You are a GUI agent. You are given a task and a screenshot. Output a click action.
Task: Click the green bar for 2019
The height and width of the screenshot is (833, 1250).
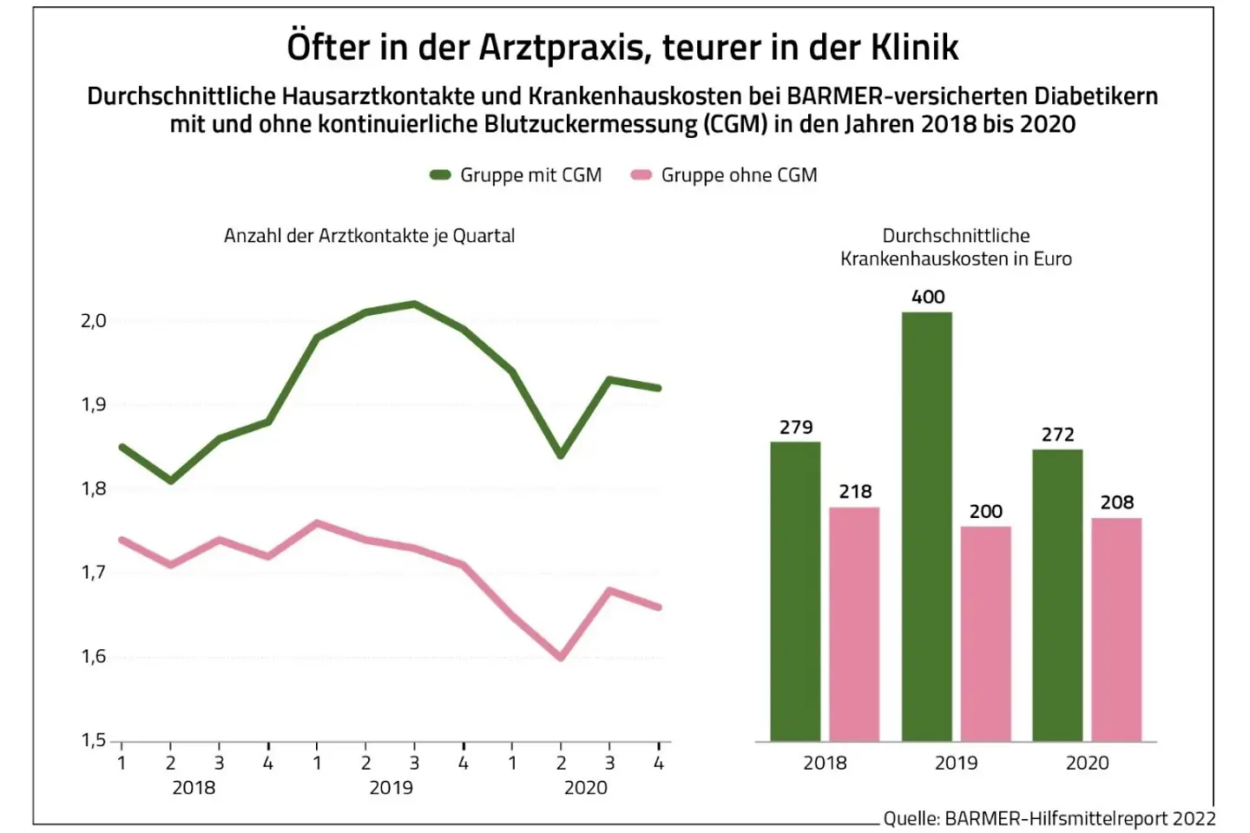[x=926, y=527]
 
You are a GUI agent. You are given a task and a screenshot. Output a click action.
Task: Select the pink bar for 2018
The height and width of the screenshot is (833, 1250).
[x=854, y=624]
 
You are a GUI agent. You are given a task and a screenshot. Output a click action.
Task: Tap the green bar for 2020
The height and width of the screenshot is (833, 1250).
[x=1057, y=595]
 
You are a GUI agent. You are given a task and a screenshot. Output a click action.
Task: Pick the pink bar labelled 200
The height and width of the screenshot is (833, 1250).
[x=985, y=633]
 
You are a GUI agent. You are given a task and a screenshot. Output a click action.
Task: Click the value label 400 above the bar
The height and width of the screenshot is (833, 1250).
[x=928, y=297]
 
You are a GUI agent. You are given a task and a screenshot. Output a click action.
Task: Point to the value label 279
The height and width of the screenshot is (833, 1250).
[x=796, y=427]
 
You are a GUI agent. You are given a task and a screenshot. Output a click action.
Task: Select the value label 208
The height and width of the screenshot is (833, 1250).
[x=1116, y=502]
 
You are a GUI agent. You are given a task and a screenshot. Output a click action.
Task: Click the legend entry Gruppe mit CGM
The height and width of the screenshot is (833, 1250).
[x=516, y=175]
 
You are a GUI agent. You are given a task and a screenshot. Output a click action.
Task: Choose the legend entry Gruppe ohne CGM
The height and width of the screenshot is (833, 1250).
[x=724, y=175]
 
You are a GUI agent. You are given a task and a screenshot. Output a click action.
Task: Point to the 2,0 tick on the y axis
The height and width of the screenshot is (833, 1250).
[x=94, y=321]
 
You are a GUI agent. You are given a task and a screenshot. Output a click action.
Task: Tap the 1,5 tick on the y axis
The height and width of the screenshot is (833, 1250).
[x=94, y=740]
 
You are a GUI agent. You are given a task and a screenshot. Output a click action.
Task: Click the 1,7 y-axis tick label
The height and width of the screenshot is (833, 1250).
[x=94, y=573]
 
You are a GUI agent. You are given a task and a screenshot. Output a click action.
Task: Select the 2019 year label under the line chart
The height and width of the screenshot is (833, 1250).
[x=391, y=788]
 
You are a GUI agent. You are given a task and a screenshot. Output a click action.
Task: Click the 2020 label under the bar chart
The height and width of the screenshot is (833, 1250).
[x=1087, y=763]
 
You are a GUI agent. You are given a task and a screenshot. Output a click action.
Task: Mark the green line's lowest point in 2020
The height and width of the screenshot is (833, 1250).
[x=561, y=455]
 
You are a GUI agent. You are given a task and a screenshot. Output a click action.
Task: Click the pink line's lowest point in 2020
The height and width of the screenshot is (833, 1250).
[x=561, y=657]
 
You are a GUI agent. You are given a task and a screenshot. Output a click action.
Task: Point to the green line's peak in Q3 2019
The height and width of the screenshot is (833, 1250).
[x=415, y=304]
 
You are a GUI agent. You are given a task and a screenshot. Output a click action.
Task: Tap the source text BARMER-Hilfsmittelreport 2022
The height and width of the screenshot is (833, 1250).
[x=1079, y=818]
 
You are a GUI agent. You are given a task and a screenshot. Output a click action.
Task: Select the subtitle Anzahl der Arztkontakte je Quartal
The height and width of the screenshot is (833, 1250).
[x=369, y=236]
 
